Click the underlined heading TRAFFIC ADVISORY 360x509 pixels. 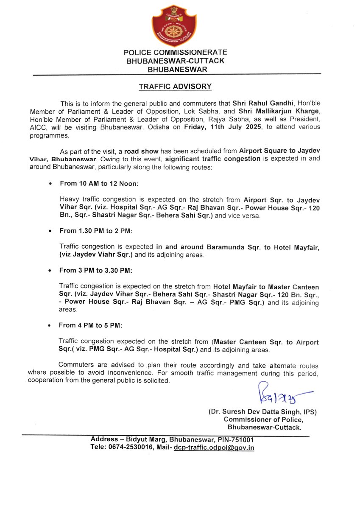click(175, 87)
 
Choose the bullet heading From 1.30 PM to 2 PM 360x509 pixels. click(96, 231)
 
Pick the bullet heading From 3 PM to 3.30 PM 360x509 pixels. click(95, 270)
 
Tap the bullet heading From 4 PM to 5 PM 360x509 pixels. click(90, 325)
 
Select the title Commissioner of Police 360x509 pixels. click(263, 420)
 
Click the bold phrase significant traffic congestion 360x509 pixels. click(213, 159)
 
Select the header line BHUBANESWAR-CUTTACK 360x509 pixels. click(175, 61)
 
